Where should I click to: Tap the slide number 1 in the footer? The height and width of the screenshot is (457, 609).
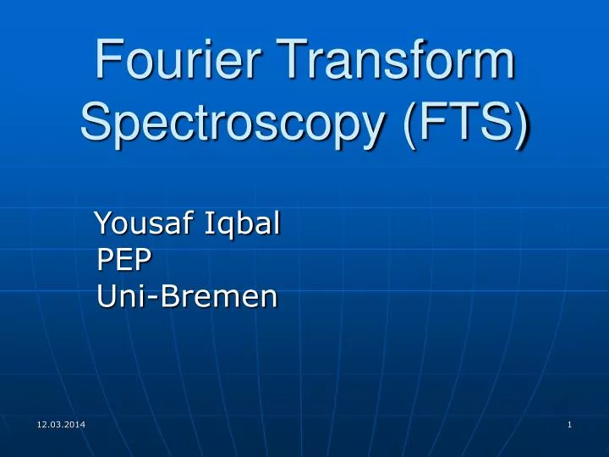[570, 423]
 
